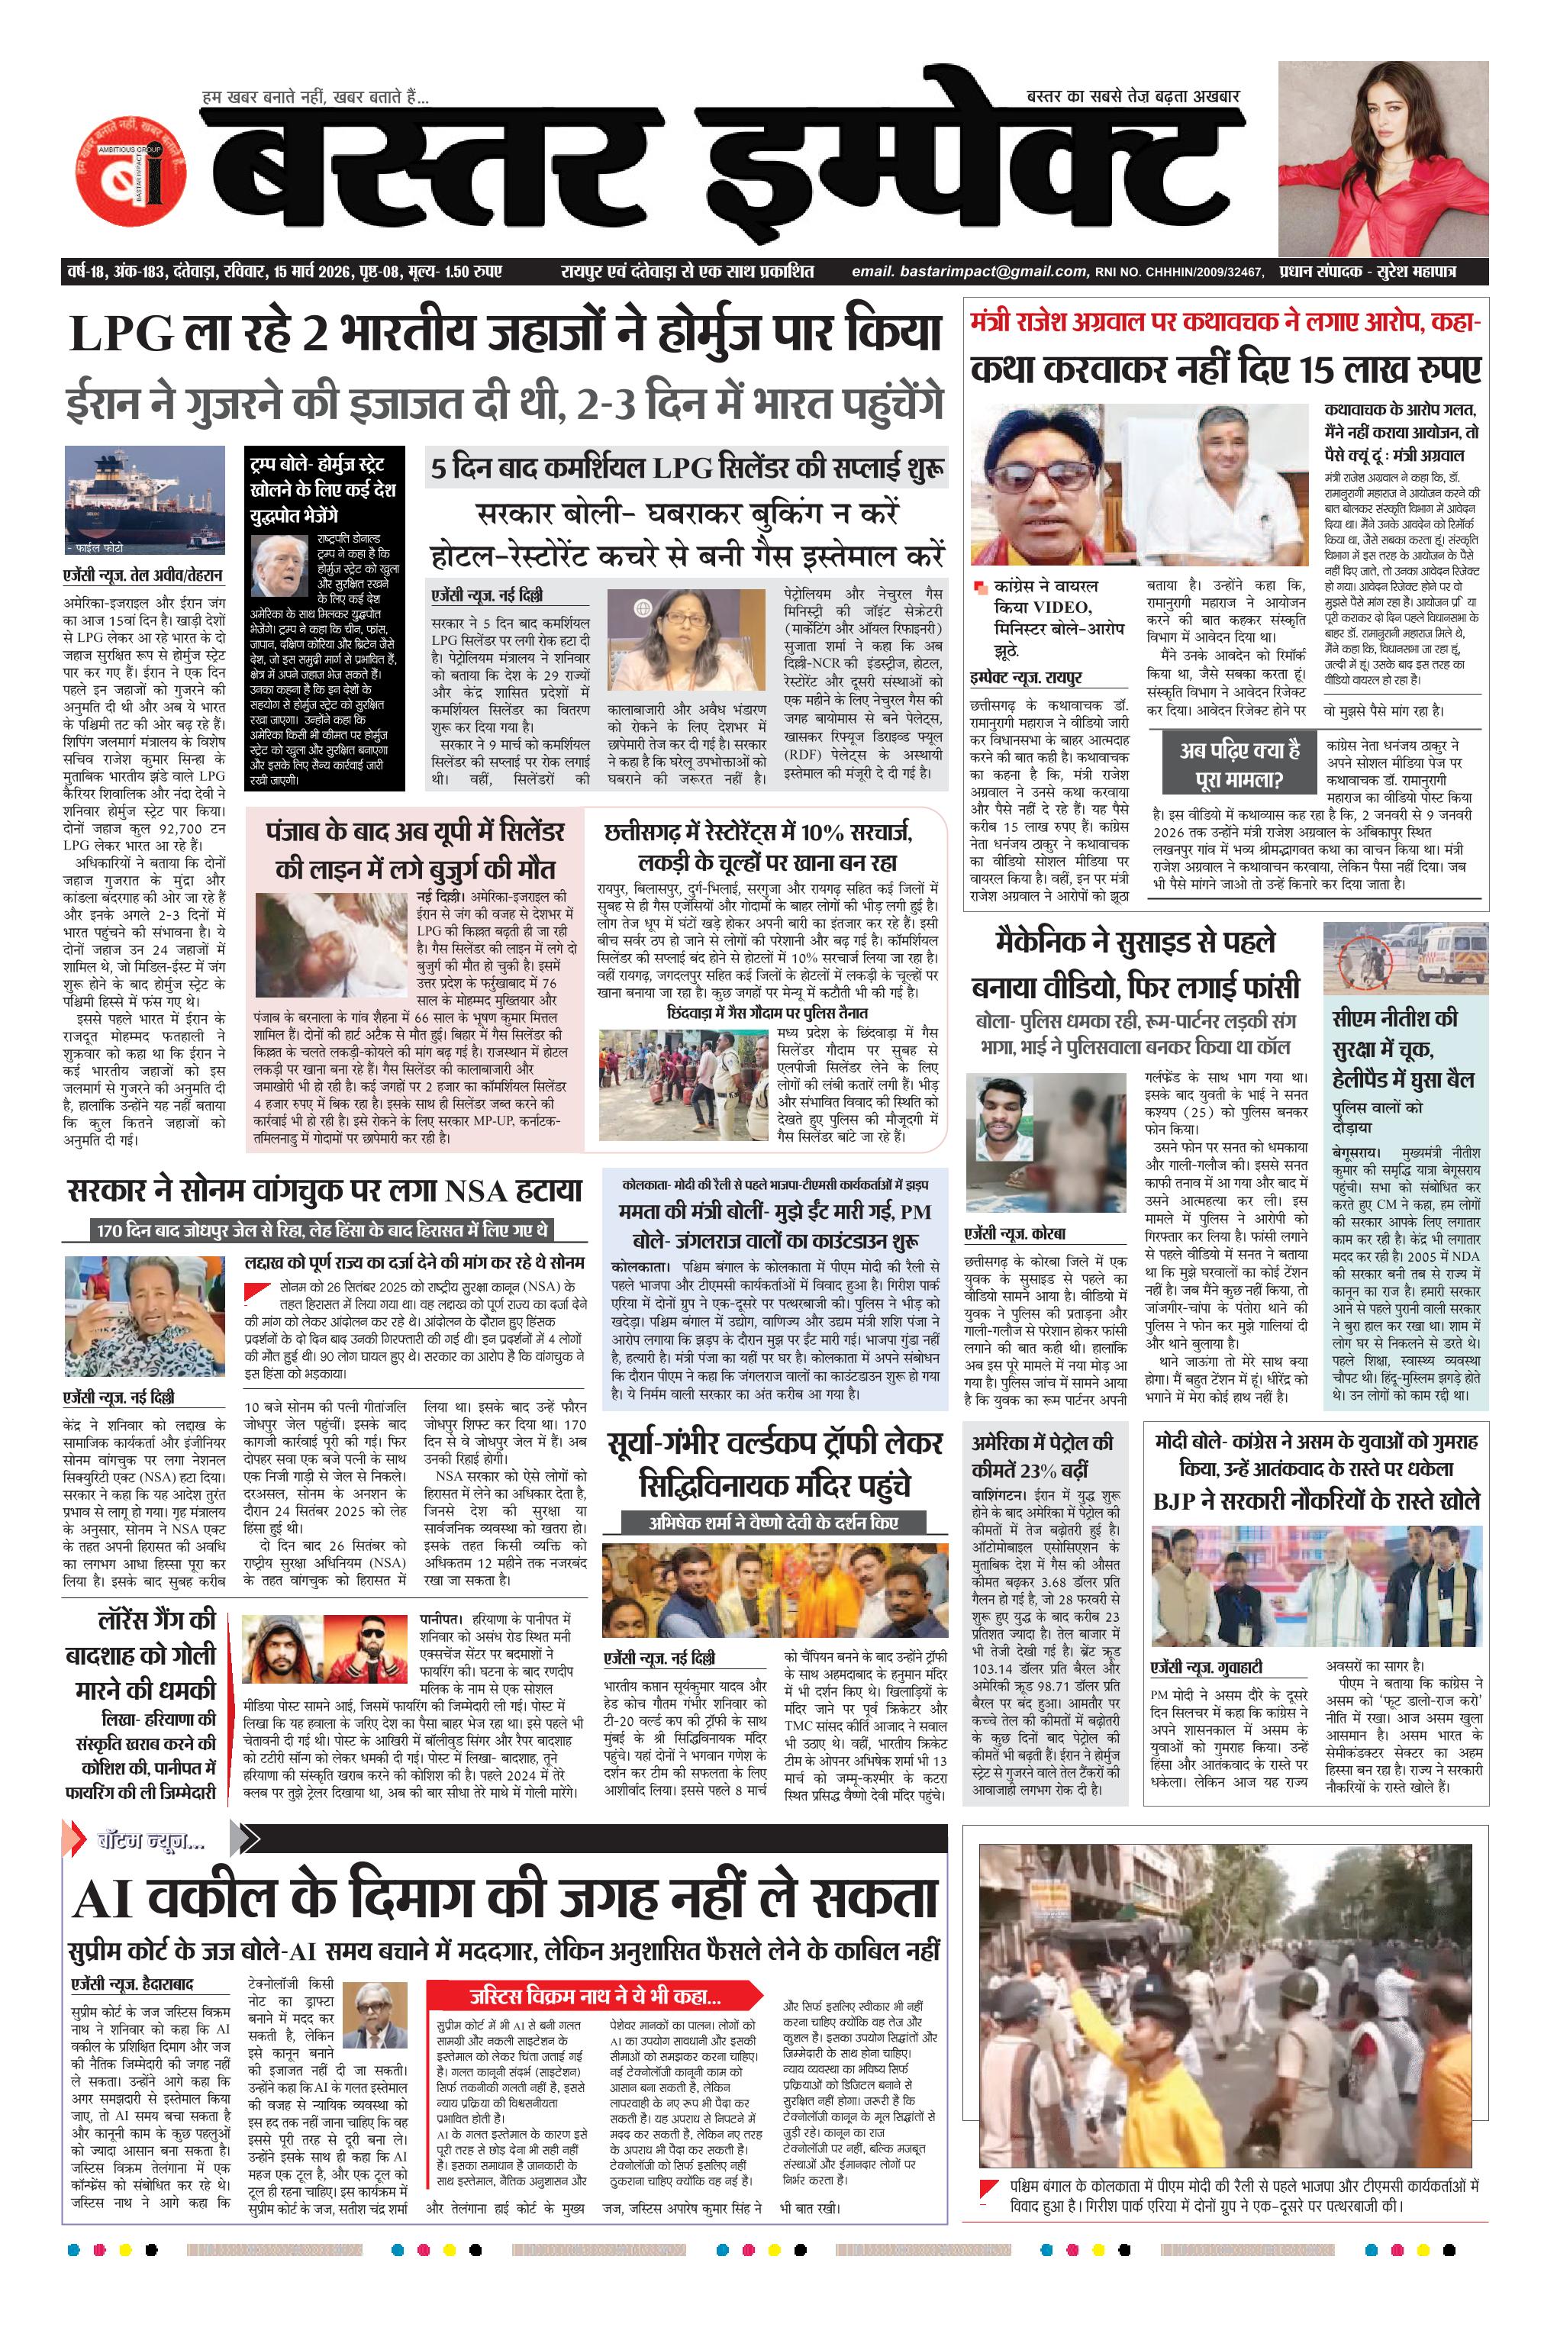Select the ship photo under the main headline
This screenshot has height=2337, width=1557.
(145, 501)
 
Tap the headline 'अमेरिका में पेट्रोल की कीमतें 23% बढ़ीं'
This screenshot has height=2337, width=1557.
(1043, 1456)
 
